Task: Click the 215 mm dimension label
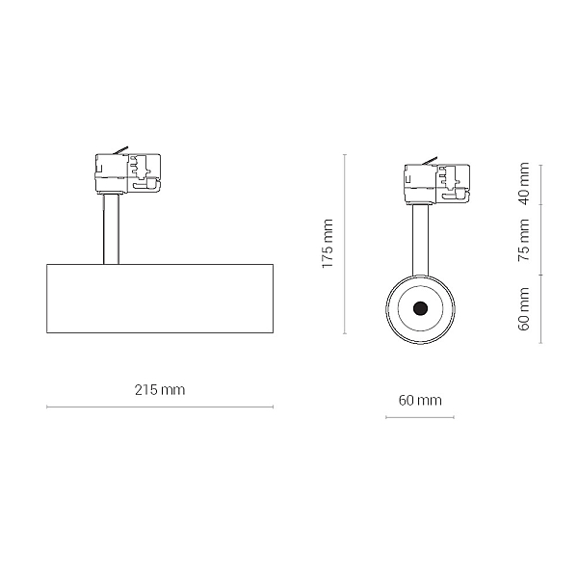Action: pos(160,389)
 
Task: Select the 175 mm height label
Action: pos(328,244)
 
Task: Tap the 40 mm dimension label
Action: pos(524,183)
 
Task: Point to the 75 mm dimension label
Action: pos(524,240)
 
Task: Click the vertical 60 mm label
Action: pos(524,309)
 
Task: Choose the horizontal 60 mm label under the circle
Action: pos(420,400)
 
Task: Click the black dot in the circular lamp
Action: pos(420,308)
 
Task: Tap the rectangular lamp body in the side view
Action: pos(160,299)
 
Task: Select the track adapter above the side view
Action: pos(128,173)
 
